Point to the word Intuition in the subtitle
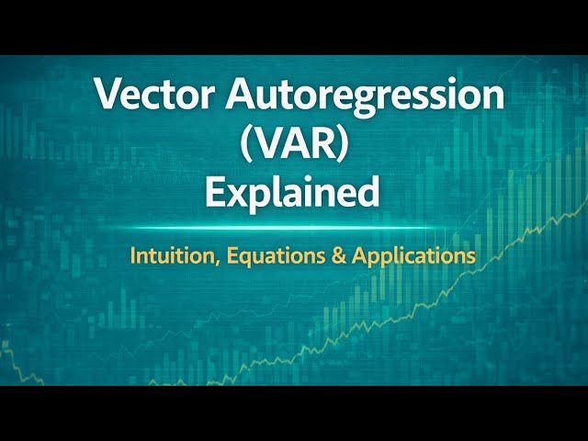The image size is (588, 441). pyautogui.click(x=166, y=255)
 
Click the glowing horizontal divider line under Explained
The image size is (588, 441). pyautogui.click(x=293, y=227)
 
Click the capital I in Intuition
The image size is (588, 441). pyautogui.click(x=132, y=254)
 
